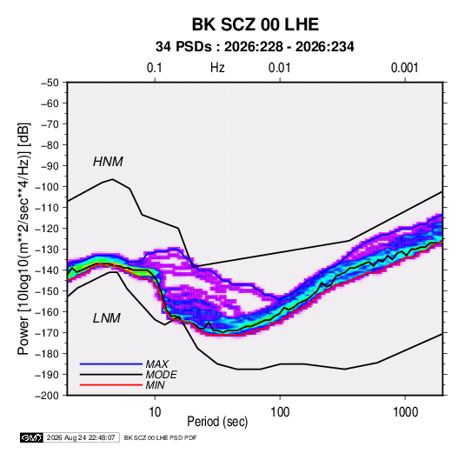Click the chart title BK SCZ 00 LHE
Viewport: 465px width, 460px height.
[256, 24]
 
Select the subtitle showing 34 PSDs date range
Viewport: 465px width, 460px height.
[255, 47]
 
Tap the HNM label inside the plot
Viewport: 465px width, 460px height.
[108, 162]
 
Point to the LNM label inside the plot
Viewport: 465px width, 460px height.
[107, 318]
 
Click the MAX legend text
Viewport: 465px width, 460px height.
[157, 364]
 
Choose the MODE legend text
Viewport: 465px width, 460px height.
[162, 375]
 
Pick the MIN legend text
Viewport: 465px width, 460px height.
[155, 385]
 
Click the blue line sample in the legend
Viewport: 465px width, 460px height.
[111, 364]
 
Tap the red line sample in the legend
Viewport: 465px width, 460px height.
[111, 385]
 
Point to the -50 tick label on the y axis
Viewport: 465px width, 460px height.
[50, 83]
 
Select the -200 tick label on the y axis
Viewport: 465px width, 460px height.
[47, 396]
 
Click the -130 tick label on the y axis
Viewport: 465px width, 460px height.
[47, 250]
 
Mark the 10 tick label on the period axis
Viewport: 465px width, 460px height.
[155, 412]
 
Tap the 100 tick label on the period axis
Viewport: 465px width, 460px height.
[280, 412]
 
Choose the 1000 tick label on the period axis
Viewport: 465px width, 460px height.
[405, 412]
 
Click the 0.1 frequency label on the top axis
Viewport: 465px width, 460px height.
[155, 68]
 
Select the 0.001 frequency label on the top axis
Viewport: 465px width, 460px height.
[404, 68]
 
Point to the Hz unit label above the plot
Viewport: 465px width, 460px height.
[217, 68]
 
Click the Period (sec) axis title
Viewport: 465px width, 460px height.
[217, 422]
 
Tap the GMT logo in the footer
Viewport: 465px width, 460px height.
[31, 437]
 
